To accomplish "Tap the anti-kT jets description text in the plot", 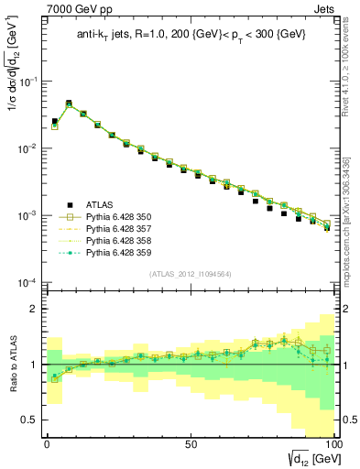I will pyautogui.click(x=189, y=36).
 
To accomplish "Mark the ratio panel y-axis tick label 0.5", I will pyautogui.click(x=29, y=420).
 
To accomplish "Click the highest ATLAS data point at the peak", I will pyautogui.click(x=69, y=104).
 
